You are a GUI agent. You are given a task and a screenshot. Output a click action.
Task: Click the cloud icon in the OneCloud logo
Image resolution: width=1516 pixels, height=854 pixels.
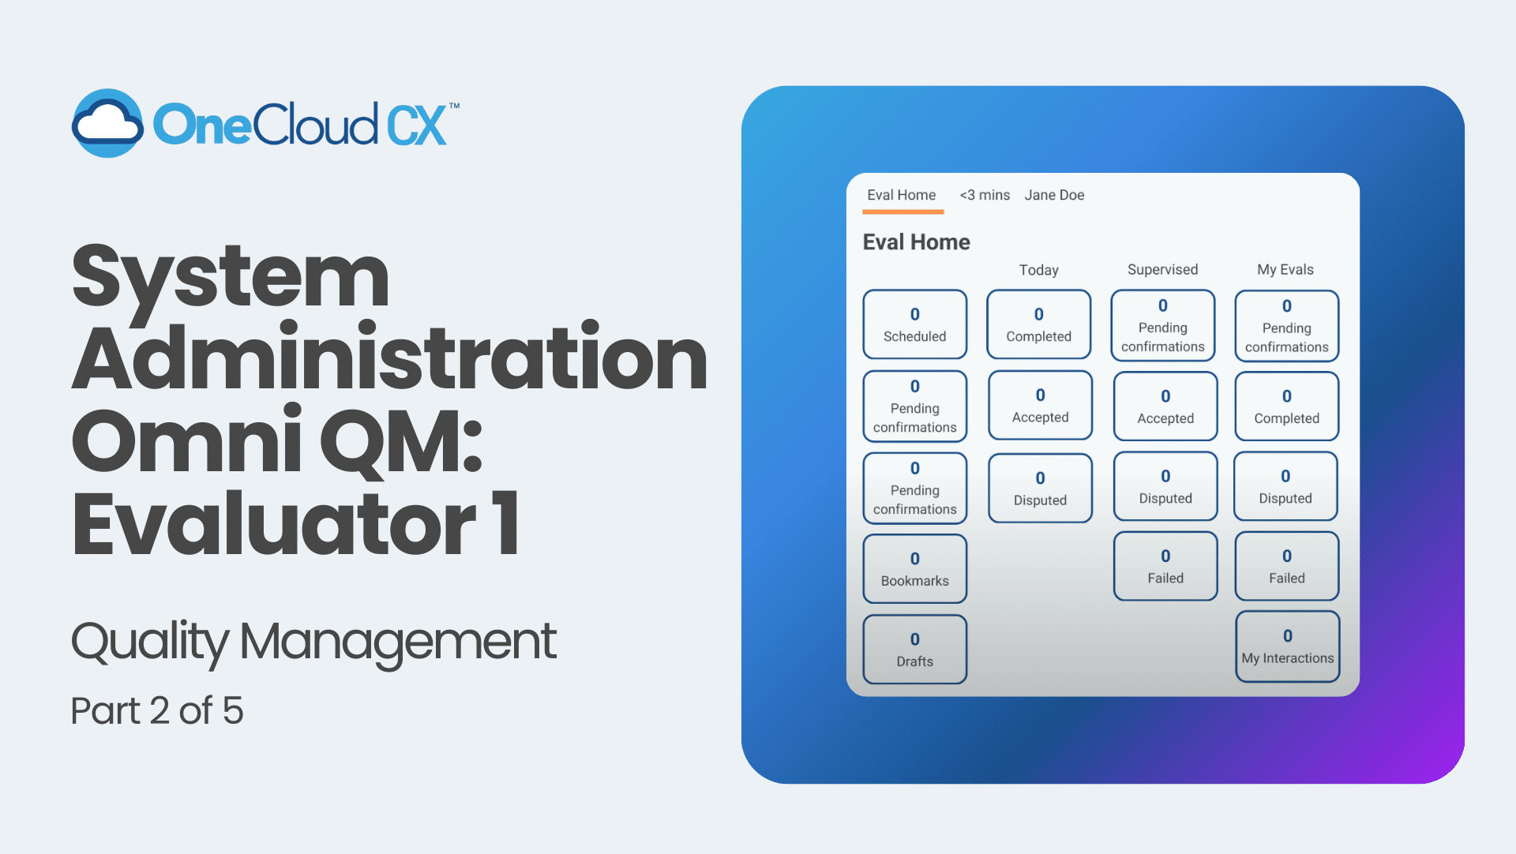pyautogui.click(x=107, y=123)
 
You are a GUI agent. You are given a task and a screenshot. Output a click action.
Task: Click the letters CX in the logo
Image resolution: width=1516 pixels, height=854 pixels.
pyautogui.click(x=417, y=125)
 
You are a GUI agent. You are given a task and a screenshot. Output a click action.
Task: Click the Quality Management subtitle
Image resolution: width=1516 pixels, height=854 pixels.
pyautogui.click(x=313, y=642)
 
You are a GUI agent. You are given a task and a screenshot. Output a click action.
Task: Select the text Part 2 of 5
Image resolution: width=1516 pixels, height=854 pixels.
pyautogui.click(x=157, y=710)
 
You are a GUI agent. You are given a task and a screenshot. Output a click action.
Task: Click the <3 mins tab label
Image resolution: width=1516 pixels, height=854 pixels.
pyautogui.click(x=985, y=195)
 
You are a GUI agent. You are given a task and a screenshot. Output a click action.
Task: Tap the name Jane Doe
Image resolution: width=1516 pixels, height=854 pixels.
pyautogui.click(x=1054, y=195)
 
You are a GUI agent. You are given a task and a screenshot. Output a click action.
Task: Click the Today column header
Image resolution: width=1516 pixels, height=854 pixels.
pyautogui.click(x=1038, y=270)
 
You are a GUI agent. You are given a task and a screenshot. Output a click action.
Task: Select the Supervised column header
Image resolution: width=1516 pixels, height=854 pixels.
pyautogui.click(x=1162, y=269)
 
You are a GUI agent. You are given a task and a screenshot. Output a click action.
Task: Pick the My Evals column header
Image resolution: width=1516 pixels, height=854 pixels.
pyautogui.click(x=1285, y=269)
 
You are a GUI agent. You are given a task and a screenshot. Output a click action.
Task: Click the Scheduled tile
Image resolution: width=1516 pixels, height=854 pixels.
pyautogui.click(x=914, y=324)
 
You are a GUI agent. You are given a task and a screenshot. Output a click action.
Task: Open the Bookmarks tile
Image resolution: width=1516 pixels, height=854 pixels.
pyautogui.click(x=914, y=568)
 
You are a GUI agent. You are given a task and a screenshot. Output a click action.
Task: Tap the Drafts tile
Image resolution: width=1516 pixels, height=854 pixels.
pyautogui.click(x=914, y=649)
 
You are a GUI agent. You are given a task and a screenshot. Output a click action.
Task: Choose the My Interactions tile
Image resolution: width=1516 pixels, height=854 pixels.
pyautogui.click(x=1287, y=646)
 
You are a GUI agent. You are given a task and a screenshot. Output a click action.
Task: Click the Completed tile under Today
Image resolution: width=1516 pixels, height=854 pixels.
pyautogui.click(x=1038, y=324)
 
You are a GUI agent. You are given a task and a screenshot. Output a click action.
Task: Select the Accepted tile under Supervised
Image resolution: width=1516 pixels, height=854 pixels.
pyautogui.click(x=1165, y=406)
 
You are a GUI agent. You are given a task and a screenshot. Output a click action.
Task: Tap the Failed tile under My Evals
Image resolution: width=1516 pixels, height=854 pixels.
pyautogui.click(x=1286, y=566)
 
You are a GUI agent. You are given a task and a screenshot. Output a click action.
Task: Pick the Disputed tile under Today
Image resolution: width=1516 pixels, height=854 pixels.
pyautogui.click(x=1040, y=488)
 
